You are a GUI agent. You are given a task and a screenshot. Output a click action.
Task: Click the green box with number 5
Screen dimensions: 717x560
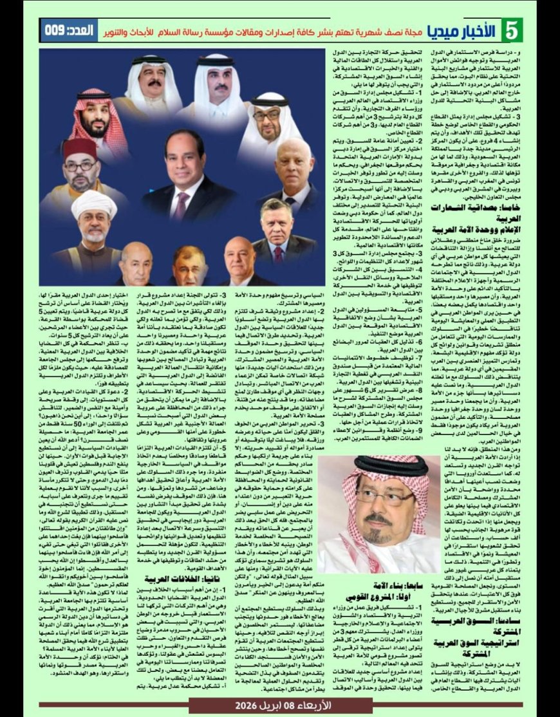(x=513, y=30)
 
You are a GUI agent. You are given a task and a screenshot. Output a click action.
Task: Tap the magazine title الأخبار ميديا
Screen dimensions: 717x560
(x=470, y=30)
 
